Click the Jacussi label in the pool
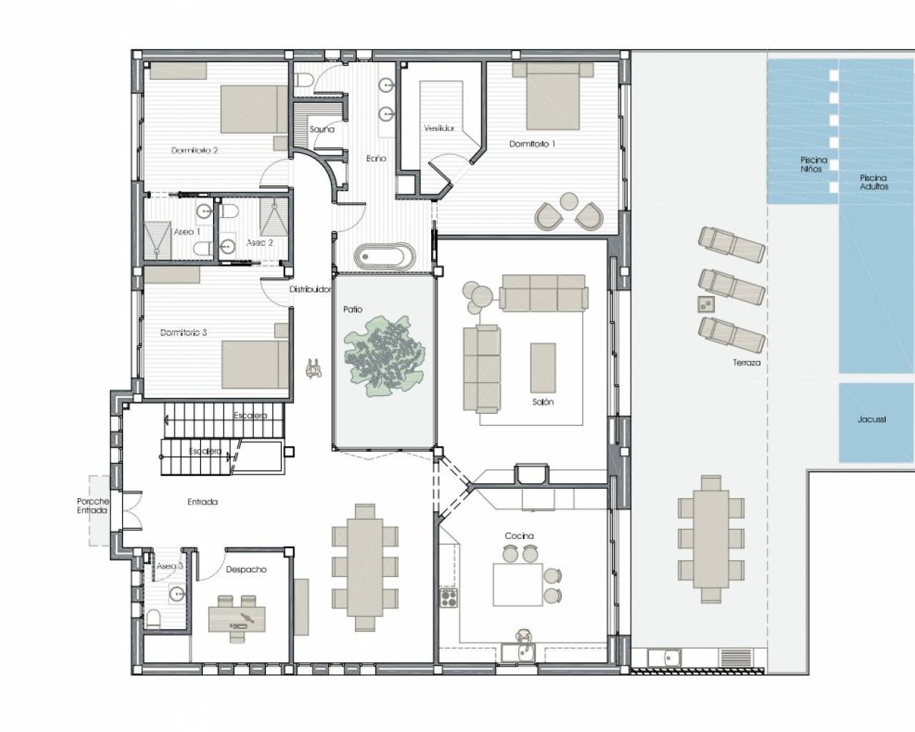point(871,420)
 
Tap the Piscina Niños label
point(813,164)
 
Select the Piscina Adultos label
point(874,182)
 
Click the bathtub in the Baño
point(385,256)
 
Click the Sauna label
point(322,129)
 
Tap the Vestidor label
point(439,129)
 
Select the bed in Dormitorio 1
point(552,100)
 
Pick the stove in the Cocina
point(449,598)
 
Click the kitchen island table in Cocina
point(518,585)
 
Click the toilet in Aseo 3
point(153,618)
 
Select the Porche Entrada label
point(92,506)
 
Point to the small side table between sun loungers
point(705,304)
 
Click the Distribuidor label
point(310,290)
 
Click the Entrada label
point(202,502)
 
